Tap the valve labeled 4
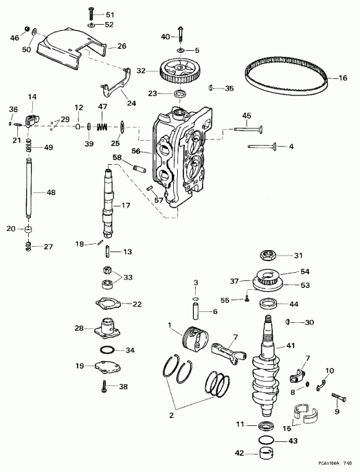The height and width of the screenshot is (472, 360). [264, 146]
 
